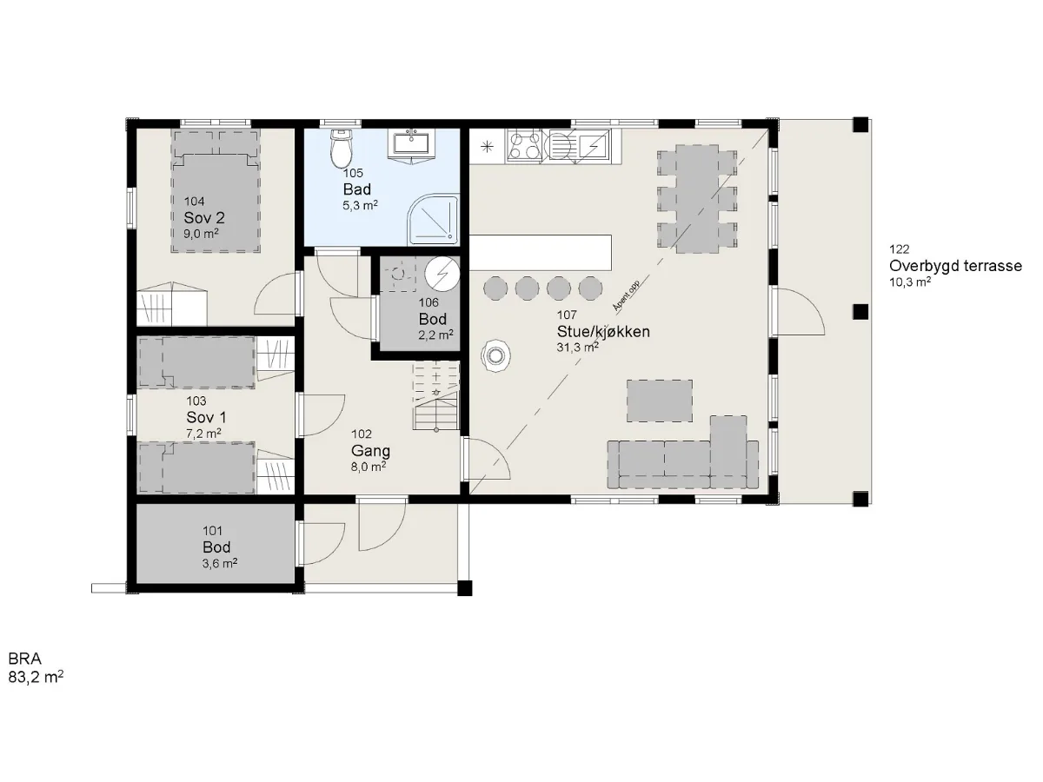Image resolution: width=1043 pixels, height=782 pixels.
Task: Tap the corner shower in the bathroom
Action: (434, 219)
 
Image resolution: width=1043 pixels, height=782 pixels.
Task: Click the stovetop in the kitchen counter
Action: (525, 146)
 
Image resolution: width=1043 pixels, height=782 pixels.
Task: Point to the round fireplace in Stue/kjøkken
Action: (496, 355)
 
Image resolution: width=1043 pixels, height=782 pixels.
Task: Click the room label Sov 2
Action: (204, 218)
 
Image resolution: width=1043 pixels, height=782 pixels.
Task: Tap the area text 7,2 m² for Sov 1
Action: (203, 433)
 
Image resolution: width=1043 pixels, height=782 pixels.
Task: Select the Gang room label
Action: (370, 450)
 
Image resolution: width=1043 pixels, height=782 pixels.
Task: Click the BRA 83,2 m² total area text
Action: (36, 667)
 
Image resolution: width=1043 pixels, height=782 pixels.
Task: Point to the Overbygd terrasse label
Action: (955, 265)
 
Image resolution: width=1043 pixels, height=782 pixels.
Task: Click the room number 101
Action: (212, 530)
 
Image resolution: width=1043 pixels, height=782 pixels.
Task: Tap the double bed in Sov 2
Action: (216, 190)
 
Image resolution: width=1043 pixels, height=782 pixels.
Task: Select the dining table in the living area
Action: (697, 199)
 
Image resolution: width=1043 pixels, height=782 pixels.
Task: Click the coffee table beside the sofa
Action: (659, 401)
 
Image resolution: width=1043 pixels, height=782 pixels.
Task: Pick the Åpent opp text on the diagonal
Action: (626, 295)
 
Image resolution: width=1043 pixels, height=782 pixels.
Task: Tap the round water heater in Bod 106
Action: (442, 274)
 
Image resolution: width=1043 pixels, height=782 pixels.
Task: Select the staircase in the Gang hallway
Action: (436, 396)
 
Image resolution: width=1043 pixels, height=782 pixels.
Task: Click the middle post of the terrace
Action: (860, 312)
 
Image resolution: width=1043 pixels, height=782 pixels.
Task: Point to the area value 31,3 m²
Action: (577, 347)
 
